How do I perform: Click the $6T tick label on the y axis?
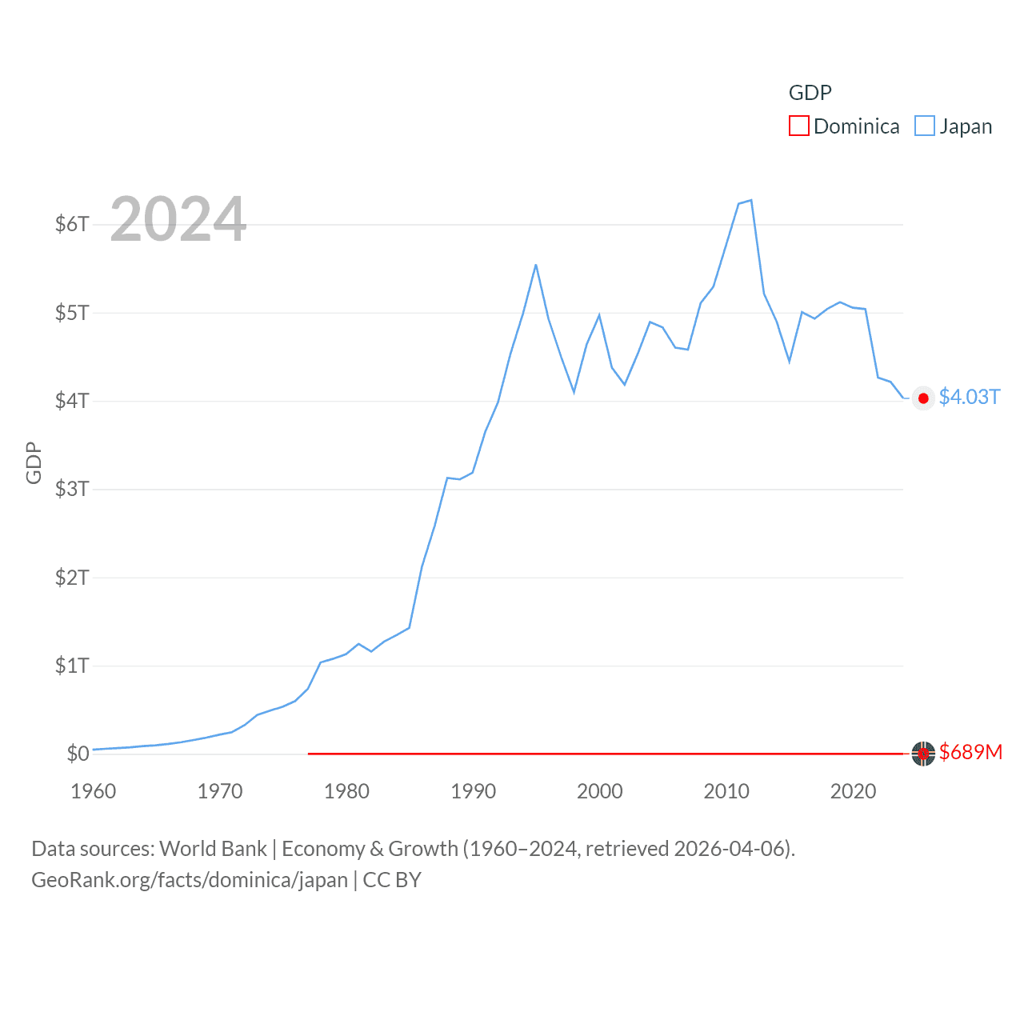tap(72, 224)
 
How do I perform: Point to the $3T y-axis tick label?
tap(72, 489)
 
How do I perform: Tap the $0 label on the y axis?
tap(78, 754)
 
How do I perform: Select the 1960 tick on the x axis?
tap(94, 791)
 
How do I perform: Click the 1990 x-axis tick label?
tap(474, 791)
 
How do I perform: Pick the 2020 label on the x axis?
tap(854, 791)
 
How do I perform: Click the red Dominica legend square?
tap(798, 126)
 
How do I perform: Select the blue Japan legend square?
tap(924, 126)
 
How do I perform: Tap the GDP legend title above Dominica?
tap(810, 93)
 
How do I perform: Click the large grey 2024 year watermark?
tap(178, 219)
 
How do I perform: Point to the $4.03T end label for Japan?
tap(970, 397)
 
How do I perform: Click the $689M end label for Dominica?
tap(970, 752)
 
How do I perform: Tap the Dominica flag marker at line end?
tap(923, 754)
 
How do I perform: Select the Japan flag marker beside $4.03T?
tap(923, 398)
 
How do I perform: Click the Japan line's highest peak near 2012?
tap(750, 200)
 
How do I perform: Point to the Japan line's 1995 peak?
tap(536, 265)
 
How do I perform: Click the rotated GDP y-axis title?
tap(34, 462)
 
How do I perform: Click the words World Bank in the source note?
tap(213, 848)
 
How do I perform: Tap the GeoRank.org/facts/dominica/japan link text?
tap(190, 880)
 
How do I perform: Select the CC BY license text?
tap(392, 880)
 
